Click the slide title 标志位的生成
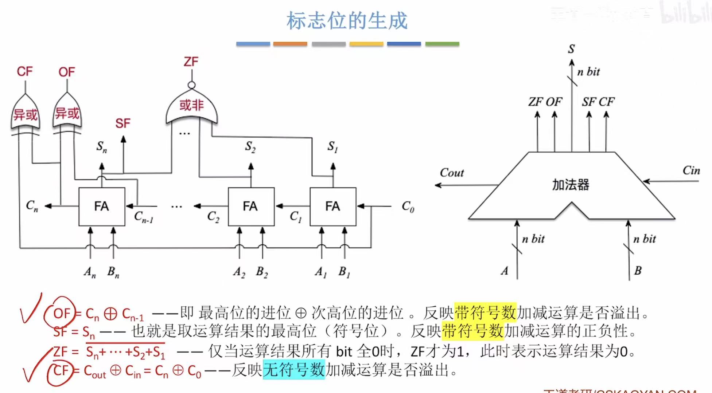click(347, 21)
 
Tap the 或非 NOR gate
click(191, 108)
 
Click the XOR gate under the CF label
click(25, 114)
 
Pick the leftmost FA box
click(102, 207)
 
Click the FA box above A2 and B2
click(251, 207)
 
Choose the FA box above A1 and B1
click(332, 207)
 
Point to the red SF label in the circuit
click(123, 123)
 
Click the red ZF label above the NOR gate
click(191, 62)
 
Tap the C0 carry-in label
click(408, 207)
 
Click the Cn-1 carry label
click(143, 217)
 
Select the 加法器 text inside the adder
click(571, 185)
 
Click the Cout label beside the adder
click(452, 173)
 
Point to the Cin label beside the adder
click(691, 170)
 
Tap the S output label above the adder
click(571, 49)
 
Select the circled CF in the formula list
click(61, 371)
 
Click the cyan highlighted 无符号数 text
click(294, 370)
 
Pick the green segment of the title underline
click(442, 44)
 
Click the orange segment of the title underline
click(290, 44)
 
